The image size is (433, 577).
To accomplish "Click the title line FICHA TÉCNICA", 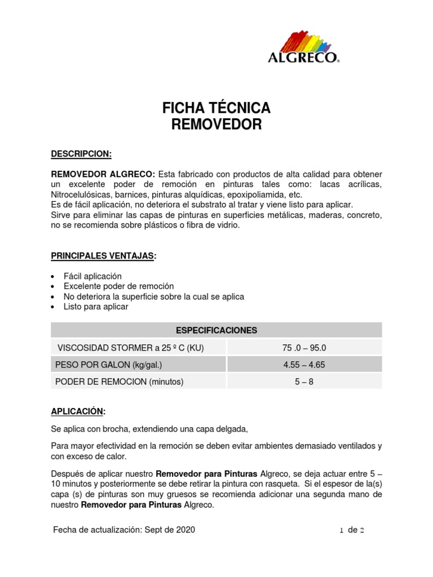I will (216, 107).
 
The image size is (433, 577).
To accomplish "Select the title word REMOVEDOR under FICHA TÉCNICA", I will (216, 125).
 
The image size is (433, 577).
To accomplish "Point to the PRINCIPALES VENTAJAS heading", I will (103, 256).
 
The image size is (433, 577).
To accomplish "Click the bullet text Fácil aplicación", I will (92, 276).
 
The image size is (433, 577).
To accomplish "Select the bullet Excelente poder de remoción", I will (118, 286).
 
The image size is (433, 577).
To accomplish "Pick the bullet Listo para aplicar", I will (96, 307).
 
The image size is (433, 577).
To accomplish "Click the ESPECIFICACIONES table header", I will (216, 330).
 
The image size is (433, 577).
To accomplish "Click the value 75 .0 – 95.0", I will (304, 348).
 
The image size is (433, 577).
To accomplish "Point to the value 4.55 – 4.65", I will (304, 365).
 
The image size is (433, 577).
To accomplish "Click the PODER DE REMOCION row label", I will (120, 381).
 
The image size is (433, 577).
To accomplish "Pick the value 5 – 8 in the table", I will (304, 381).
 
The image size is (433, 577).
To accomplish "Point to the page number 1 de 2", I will (352, 530).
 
